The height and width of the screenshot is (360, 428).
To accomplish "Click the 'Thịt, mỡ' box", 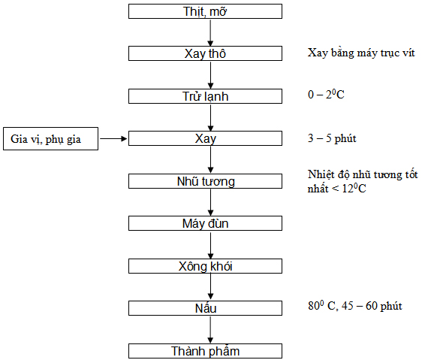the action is click(205, 11).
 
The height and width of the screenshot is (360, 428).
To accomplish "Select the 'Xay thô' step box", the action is click(205, 53).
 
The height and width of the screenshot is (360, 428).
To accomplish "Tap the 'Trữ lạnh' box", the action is click(205, 96).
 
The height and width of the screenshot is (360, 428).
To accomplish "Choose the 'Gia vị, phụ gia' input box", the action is click(50, 138).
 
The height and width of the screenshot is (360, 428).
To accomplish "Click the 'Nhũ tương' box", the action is click(205, 181).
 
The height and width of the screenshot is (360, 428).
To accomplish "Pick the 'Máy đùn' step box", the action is click(205, 223).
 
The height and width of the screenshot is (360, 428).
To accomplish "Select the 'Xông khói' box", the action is click(205, 266).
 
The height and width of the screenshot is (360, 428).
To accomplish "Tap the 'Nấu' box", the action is click(205, 308).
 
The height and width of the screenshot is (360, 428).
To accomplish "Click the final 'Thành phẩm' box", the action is click(205, 351).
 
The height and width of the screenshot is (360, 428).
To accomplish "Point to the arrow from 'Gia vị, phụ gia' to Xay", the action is click(113, 138).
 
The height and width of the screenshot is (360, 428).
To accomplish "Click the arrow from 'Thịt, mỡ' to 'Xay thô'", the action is click(210, 32).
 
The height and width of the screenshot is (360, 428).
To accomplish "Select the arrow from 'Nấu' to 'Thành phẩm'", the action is click(210, 330).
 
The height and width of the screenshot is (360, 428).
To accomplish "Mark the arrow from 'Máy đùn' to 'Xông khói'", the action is click(210, 245).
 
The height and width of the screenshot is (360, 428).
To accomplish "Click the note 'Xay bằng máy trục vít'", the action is click(361, 53).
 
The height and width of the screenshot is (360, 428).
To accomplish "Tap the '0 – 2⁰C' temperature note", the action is click(326, 95).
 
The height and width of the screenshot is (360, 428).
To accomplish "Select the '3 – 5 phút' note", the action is click(332, 138).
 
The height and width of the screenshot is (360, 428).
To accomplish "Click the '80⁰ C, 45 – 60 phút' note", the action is click(355, 305).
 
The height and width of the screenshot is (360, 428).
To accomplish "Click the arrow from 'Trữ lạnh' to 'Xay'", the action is click(210, 117).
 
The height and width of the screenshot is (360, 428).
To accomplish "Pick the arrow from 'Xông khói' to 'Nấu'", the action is click(210, 287).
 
